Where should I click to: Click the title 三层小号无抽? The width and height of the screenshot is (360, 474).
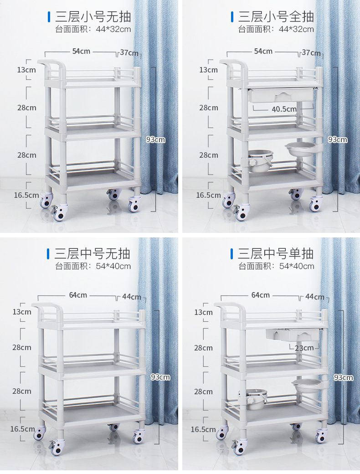point(93,16)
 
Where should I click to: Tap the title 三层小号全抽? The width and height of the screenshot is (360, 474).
point(276,16)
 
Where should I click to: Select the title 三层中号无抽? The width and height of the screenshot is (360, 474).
point(92,253)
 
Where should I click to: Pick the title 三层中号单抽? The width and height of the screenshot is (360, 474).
point(275,253)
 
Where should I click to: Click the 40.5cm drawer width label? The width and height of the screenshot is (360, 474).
point(284,109)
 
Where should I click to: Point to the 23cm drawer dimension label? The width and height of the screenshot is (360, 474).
point(304,348)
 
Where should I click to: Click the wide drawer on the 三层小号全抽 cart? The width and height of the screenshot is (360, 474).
point(281,95)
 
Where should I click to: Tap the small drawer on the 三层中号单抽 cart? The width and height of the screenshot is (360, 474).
point(292,335)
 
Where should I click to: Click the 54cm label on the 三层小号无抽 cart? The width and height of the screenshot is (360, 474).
point(81,52)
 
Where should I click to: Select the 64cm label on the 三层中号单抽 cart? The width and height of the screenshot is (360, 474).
point(260,295)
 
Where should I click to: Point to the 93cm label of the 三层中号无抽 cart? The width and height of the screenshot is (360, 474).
point(160,377)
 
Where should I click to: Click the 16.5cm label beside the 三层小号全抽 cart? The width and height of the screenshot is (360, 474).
point(208,195)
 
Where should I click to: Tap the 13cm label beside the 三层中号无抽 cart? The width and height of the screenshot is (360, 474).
point(22,312)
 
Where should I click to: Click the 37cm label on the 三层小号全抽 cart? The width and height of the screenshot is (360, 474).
point(311,52)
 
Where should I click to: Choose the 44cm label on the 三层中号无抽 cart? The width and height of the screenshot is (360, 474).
point(132,297)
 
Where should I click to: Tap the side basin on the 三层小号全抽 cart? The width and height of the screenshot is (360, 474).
point(301,149)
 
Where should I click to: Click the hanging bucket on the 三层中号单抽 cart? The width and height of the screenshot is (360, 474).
point(253,398)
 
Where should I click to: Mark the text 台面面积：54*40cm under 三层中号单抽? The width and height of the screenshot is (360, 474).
point(276,266)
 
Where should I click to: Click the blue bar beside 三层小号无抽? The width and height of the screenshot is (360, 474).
point(49,17)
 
